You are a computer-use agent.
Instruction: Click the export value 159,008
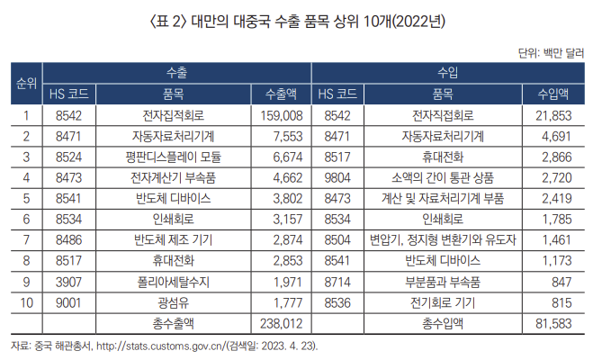tap(282, 115)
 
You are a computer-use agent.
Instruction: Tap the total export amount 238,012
tap(282, 321)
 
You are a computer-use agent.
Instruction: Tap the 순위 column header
tap(25, 83)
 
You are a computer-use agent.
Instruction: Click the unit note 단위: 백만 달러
tap(552, 51)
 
